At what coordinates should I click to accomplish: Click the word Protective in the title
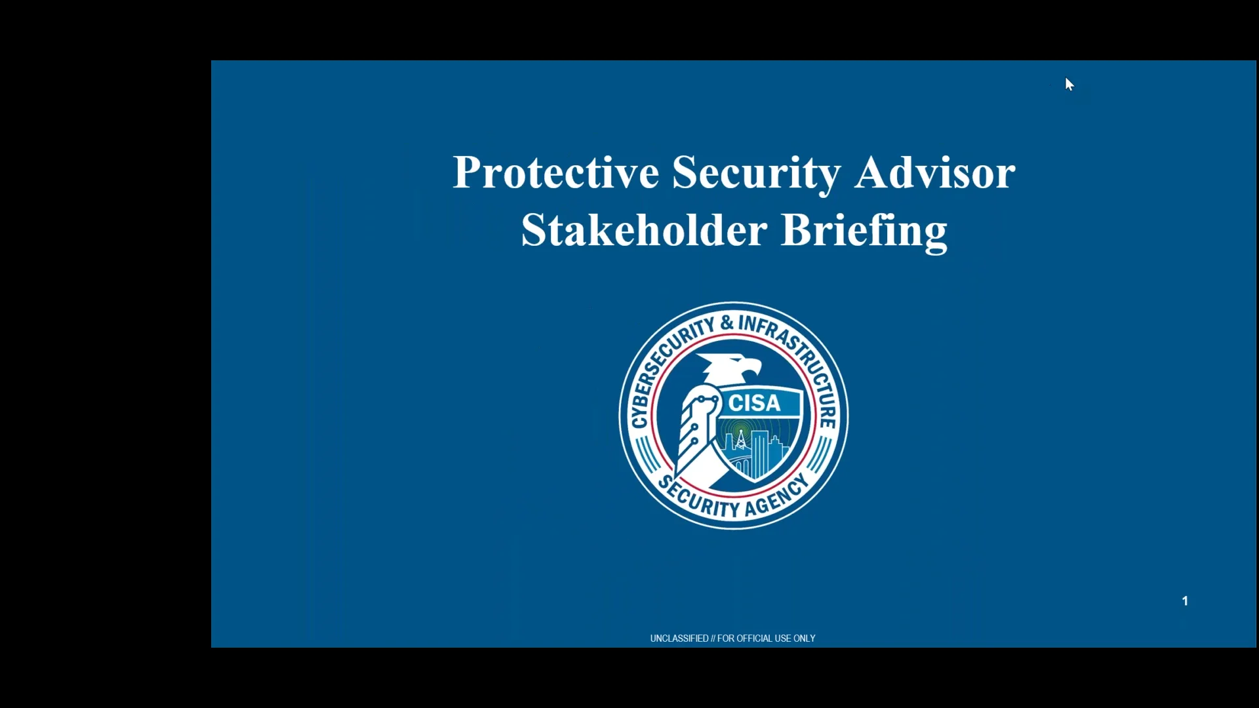[555, 173]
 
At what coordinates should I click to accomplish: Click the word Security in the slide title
[755, 173]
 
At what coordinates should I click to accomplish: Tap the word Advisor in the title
[934, 173]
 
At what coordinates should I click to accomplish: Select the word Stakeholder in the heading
[643, 231]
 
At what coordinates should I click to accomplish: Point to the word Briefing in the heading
[864, 231]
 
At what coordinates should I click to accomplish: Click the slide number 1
[1185, 600]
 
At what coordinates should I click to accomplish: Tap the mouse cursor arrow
[1069, 84]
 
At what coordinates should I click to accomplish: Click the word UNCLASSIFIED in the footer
[679, 639]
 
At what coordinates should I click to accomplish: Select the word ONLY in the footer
[805, 639]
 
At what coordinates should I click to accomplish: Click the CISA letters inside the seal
[754, 403]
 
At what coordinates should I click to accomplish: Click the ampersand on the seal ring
[727, 323]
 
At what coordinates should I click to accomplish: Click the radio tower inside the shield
[741, 439]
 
